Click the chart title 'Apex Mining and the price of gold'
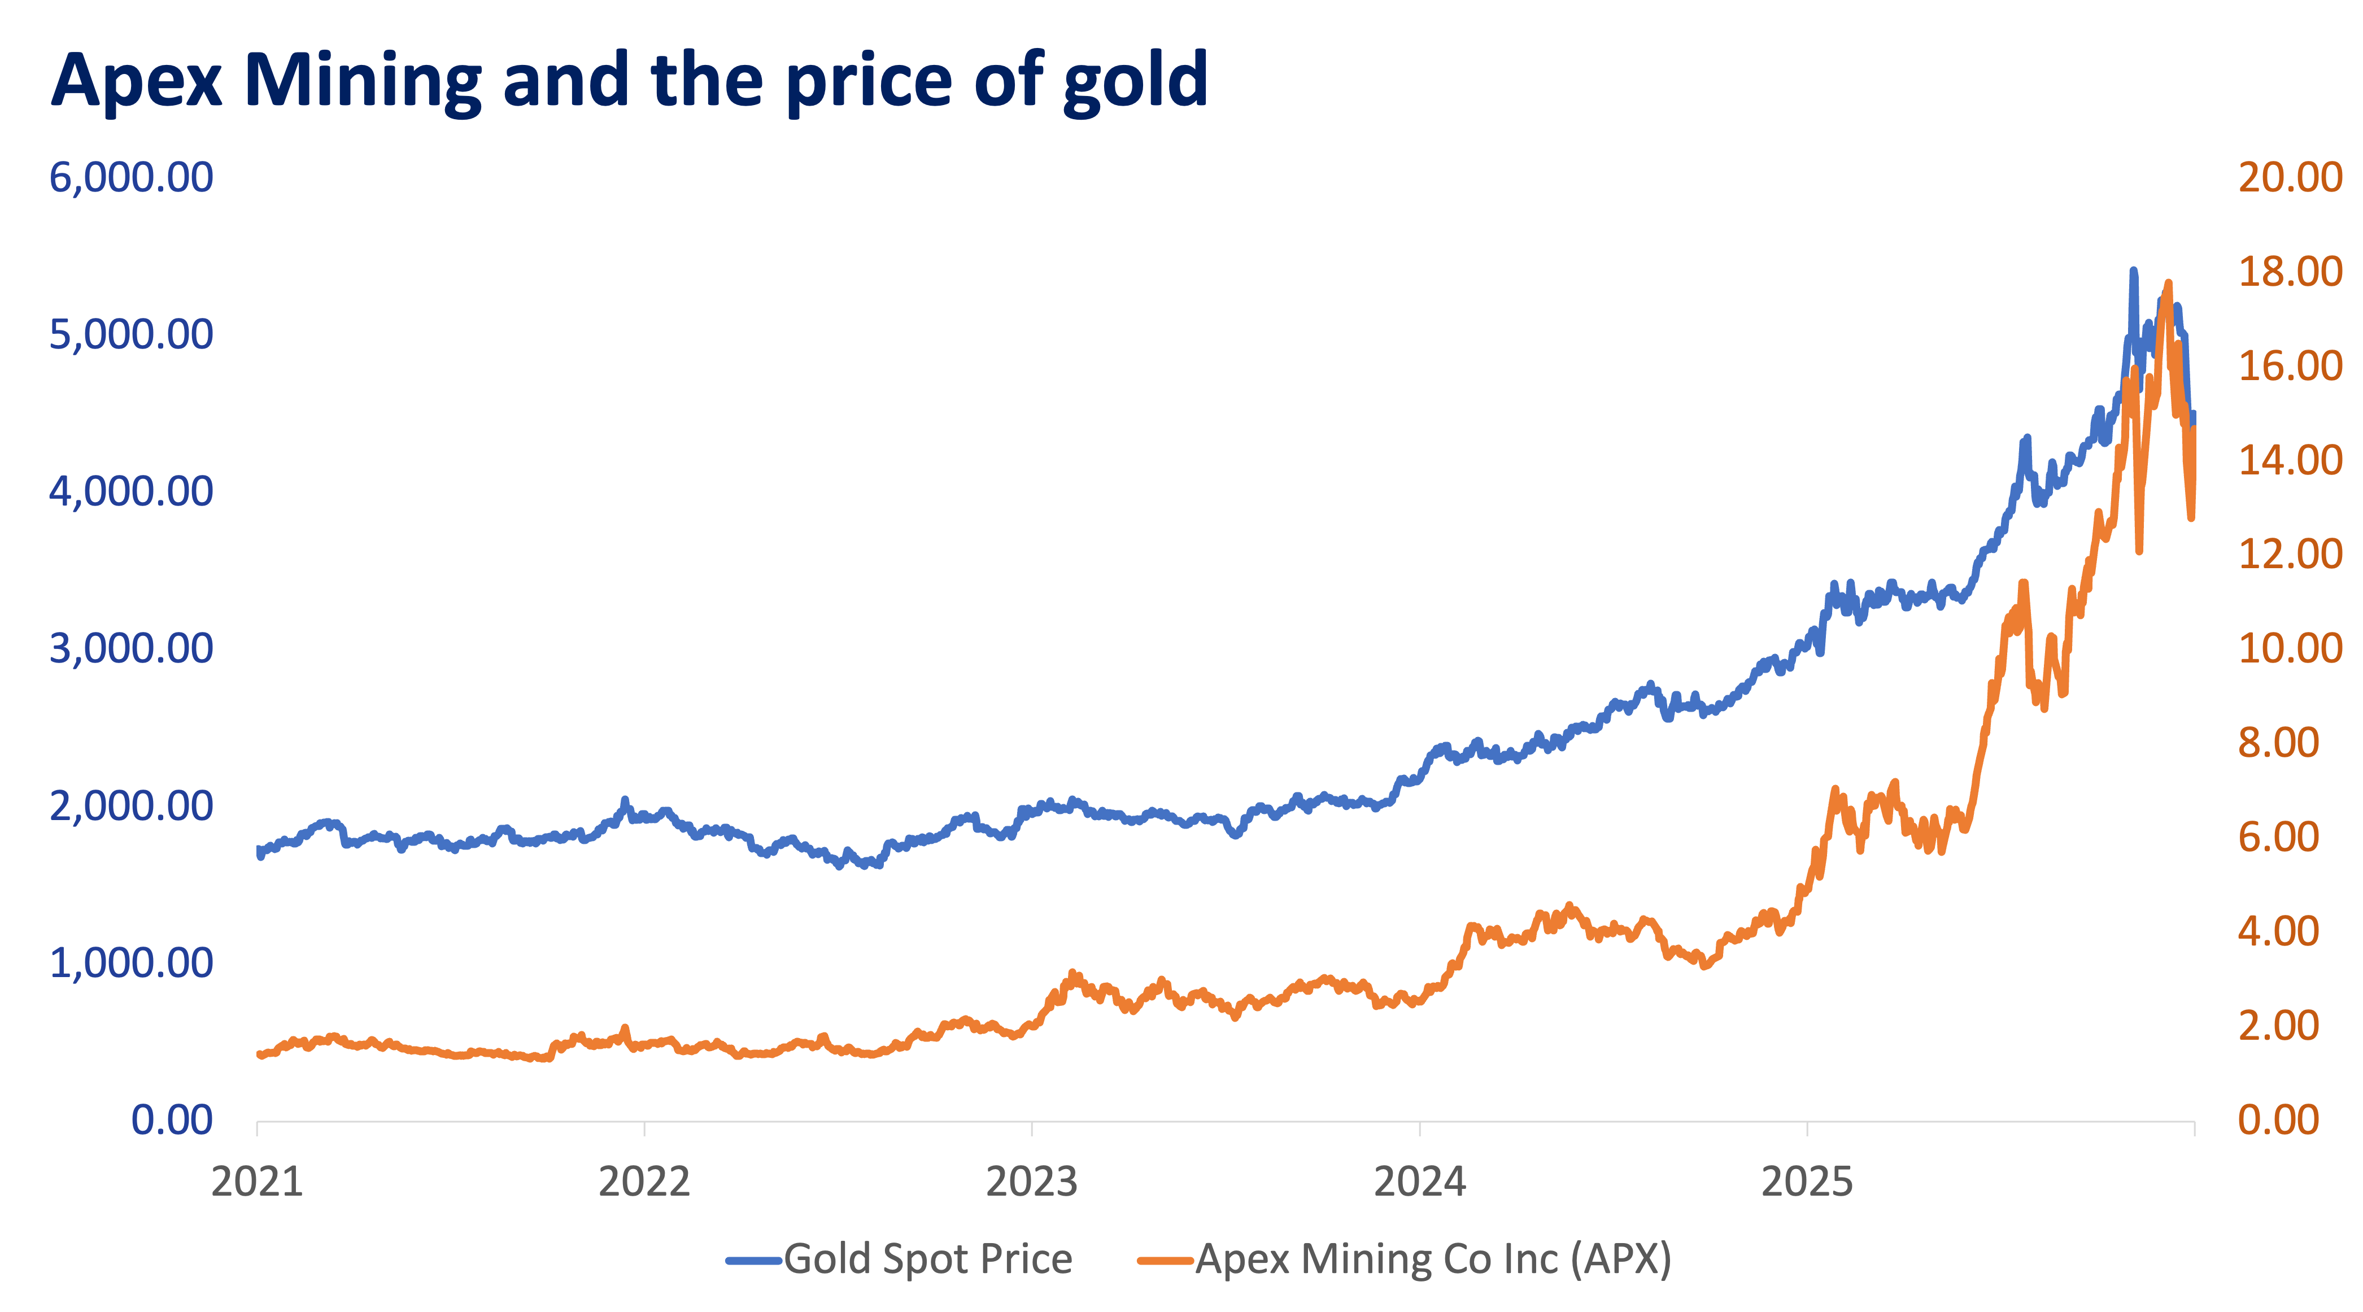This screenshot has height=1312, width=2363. pyautogui.click(x=629, y=81)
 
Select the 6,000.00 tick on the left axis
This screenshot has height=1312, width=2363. pyautogui.click(x=131, y=177)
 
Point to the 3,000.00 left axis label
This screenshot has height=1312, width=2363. pyautogui.click(x=131, y=649)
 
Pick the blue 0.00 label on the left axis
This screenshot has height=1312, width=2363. pyautogui.click(x=172, y=1120)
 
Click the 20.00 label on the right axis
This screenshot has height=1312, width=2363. pyautogui.click(x=2290, y=177)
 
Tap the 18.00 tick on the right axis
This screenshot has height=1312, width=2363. pyautogui.click(x=2290, y=272)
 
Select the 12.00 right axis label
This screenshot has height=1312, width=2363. pyautogui.click(x=2290, y=554)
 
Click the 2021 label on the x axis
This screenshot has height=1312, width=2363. pyautogui.click(x=257, y=1182)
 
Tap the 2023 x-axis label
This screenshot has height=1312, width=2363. pyautogui.click(x=1031, y=1182)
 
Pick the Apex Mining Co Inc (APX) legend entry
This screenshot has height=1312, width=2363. pyautogui.click(x=1433, y=1259)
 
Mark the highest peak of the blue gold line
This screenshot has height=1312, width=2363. pyautogui.click(x=2133, y=272)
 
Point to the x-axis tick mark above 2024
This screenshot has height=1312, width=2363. pyautogui.click(x=1419, y=1128)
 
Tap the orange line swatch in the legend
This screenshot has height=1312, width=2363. pyautogui.click(x=1165, y=1261)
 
